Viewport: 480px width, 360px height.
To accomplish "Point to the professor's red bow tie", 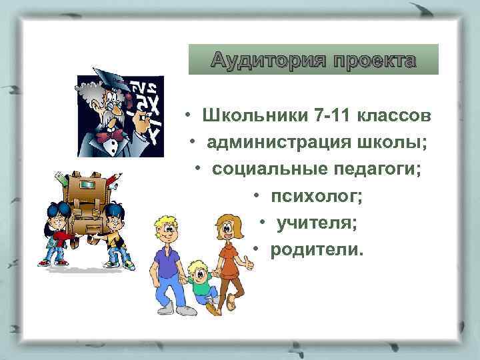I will click(x=113, y=135).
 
